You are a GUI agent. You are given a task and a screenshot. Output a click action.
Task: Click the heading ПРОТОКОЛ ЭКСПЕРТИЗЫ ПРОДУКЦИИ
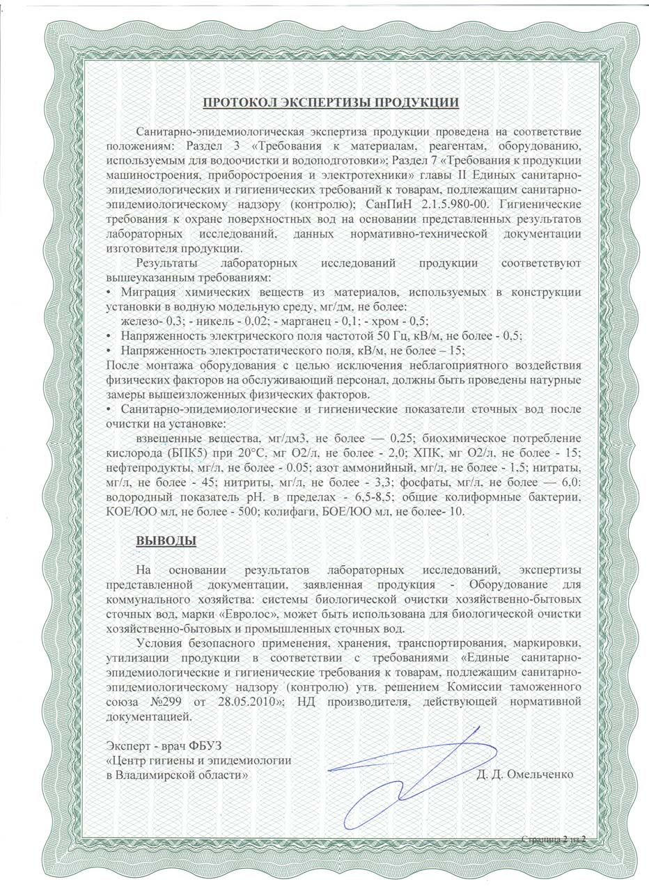330,103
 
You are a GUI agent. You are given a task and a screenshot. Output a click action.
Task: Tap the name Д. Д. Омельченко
525,775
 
